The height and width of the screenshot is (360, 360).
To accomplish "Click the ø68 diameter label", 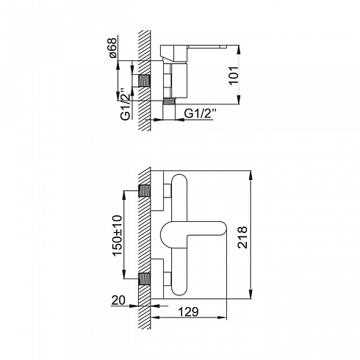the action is [112, 48].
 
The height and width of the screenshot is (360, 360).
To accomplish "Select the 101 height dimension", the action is [234, 76].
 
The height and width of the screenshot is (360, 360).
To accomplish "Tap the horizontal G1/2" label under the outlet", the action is [201, 114].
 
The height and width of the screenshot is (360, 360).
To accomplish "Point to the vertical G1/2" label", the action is [125, 107].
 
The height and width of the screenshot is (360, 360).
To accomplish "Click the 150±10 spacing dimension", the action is [117, 236].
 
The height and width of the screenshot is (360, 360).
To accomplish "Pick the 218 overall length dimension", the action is [242, 237].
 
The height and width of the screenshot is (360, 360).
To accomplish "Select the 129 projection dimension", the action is [188, 312].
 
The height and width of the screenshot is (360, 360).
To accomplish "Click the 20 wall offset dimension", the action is [118, 300].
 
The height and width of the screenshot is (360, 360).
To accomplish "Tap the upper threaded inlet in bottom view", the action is [144, 190].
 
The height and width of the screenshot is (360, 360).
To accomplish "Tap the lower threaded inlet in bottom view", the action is [144, 279].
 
